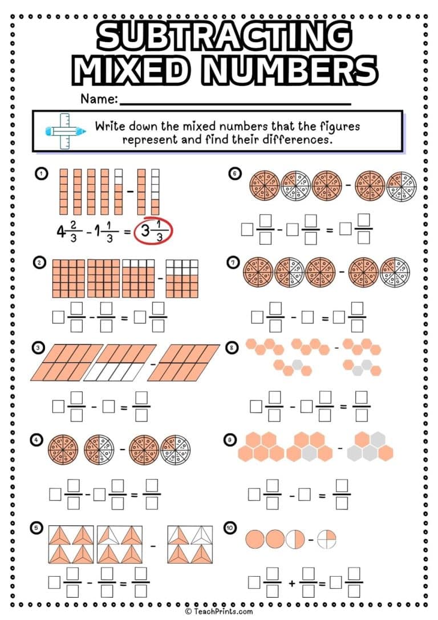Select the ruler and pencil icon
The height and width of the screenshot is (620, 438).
65,131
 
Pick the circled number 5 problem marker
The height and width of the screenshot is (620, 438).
37,528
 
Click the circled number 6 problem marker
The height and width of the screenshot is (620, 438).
234,173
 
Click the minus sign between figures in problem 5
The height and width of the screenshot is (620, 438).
153,546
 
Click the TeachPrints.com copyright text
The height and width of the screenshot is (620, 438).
218,611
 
